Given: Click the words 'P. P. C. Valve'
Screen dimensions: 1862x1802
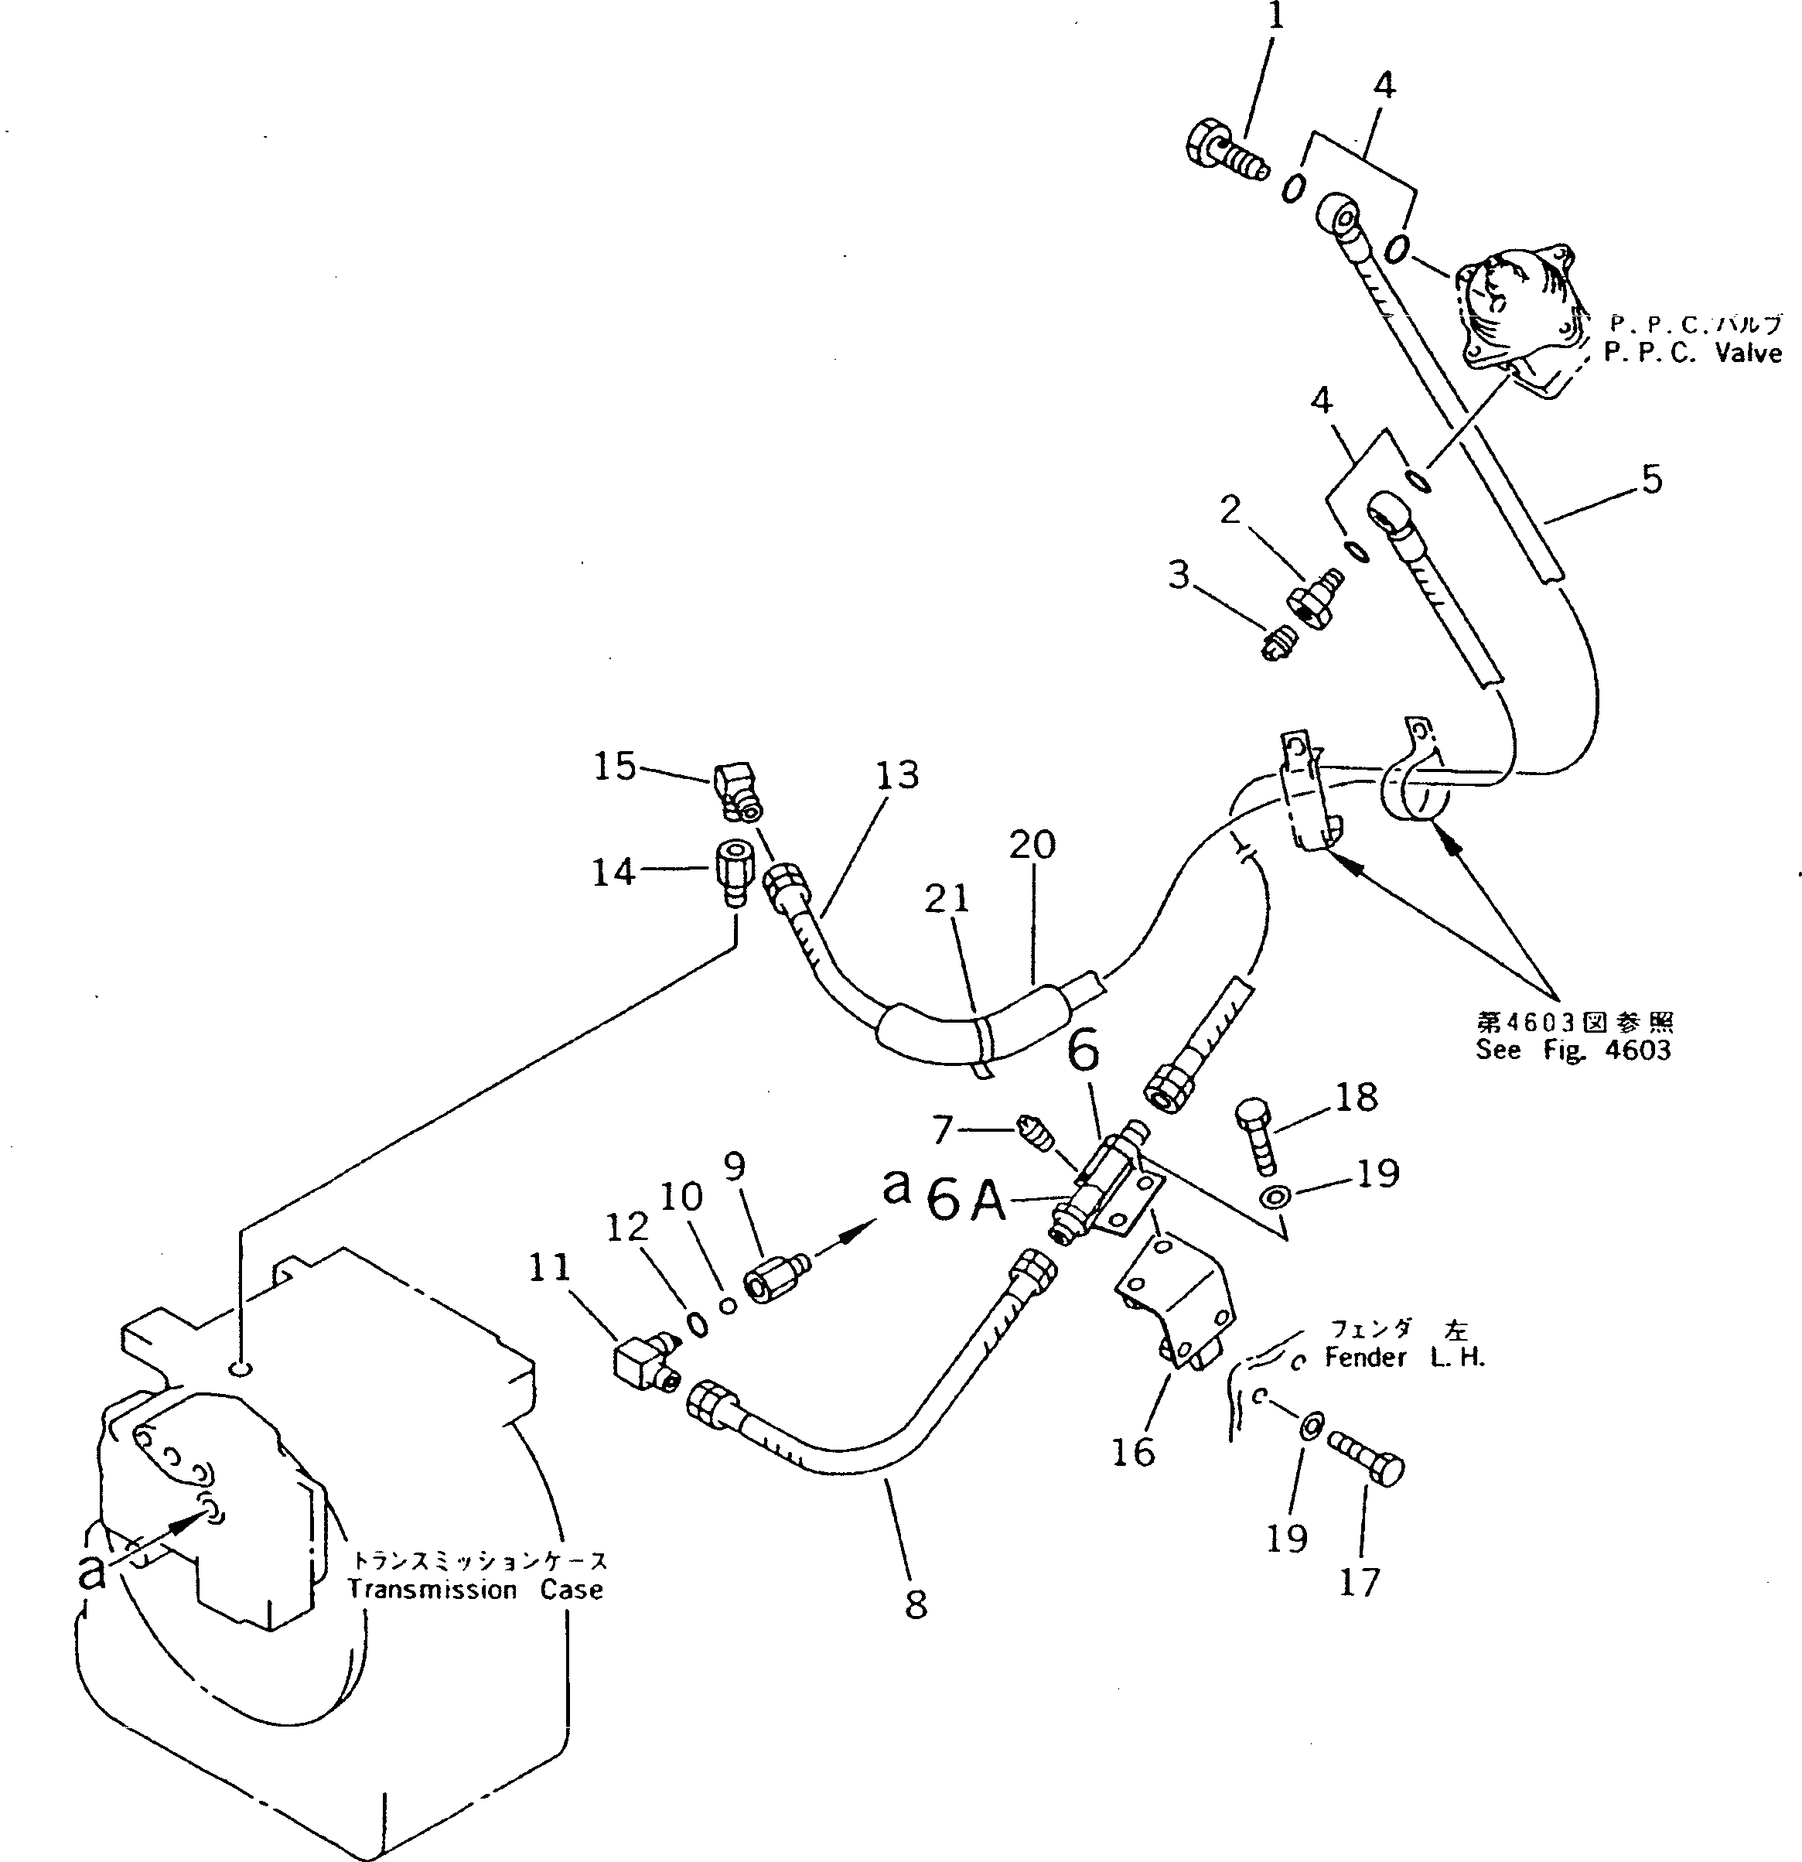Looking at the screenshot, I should click(1692, 354).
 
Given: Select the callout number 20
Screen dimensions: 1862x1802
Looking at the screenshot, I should click(1032, 845).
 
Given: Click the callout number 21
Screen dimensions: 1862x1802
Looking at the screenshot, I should click(947, 898).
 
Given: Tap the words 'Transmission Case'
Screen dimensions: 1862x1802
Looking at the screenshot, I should click(475, 1590).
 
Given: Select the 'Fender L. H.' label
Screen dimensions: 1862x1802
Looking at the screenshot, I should click(1404, 1358).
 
